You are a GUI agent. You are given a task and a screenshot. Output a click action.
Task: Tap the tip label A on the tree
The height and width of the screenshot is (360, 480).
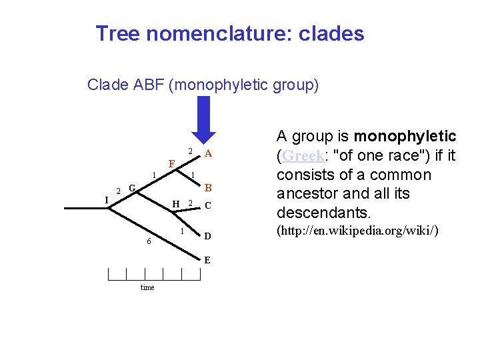(x=209, y=153)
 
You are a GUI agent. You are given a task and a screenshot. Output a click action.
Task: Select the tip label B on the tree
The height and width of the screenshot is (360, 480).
(x=208, y=188)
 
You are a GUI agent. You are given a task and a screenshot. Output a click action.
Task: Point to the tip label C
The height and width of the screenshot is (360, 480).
(x=208, y=206)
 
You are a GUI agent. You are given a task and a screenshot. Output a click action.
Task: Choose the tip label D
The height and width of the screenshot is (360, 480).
(x=208, y=236)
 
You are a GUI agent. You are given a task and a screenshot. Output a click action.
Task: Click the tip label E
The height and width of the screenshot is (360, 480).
(x=207, y=260)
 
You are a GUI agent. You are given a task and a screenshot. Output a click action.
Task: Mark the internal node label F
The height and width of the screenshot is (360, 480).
(x=171, y=163)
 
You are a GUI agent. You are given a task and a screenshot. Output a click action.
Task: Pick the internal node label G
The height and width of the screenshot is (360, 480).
(x=133, y=189)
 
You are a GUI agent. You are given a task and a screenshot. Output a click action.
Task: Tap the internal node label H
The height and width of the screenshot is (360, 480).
(x=175, y=203)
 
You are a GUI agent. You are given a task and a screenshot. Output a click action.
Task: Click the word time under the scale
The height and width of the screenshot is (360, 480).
(x=147, y=287)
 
